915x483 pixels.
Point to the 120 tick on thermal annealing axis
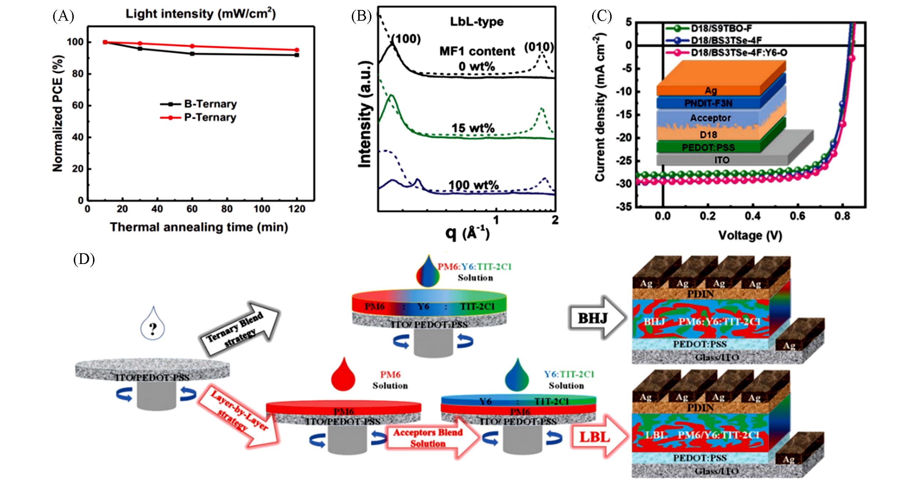(297, 209)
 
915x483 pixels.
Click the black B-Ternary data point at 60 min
(192, 54)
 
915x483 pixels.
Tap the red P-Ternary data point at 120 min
(297, 50)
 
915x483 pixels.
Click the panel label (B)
(361, 16)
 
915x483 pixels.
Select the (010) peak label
(539, 47)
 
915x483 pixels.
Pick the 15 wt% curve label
(473, 128)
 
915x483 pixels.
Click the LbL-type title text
(477, 21)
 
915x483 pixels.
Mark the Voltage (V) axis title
(750, 235)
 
